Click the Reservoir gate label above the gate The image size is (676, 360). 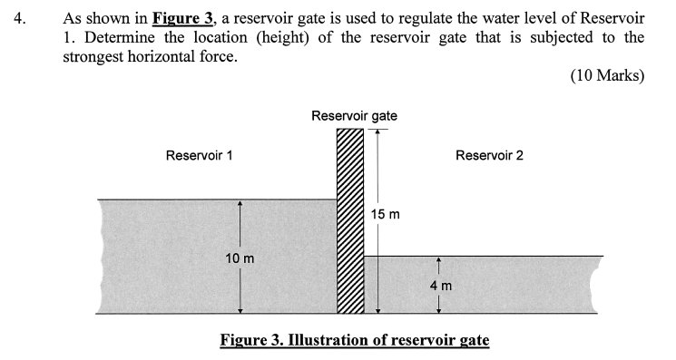click(x=354, y=116)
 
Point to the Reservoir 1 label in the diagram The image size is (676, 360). click(x=200, y=155)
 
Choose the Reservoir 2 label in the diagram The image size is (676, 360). click(x=489, y=155)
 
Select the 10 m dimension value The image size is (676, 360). click(x=240, y=258)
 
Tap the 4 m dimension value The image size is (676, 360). click(x=440, y=286)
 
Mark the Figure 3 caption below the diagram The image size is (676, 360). click(x=355, y=340)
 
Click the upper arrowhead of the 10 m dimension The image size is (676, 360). click(x=240, y=204)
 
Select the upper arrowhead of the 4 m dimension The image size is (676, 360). click(x=439, y=260)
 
